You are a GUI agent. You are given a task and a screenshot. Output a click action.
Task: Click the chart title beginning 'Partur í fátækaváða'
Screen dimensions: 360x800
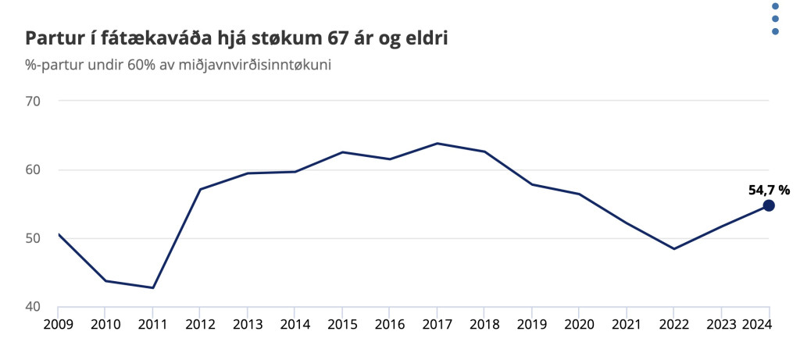[237, 38]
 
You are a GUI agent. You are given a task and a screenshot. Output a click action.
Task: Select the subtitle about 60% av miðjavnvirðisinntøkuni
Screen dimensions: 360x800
[178, 66]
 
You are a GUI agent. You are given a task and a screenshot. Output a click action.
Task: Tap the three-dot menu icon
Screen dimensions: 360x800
[775, 19]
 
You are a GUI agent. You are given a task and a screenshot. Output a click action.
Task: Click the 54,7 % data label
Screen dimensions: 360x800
[769, 189]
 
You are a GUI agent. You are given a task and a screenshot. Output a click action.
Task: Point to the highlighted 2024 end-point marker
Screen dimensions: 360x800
[769, 205]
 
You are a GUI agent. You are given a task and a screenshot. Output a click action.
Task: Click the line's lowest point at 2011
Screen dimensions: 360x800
[153, 288]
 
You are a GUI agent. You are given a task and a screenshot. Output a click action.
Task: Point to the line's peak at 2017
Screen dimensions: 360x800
[437, 144]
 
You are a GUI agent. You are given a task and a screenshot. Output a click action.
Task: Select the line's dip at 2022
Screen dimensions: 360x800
[674, 249]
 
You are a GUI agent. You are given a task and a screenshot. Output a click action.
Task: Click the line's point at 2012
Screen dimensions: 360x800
[201, 190]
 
